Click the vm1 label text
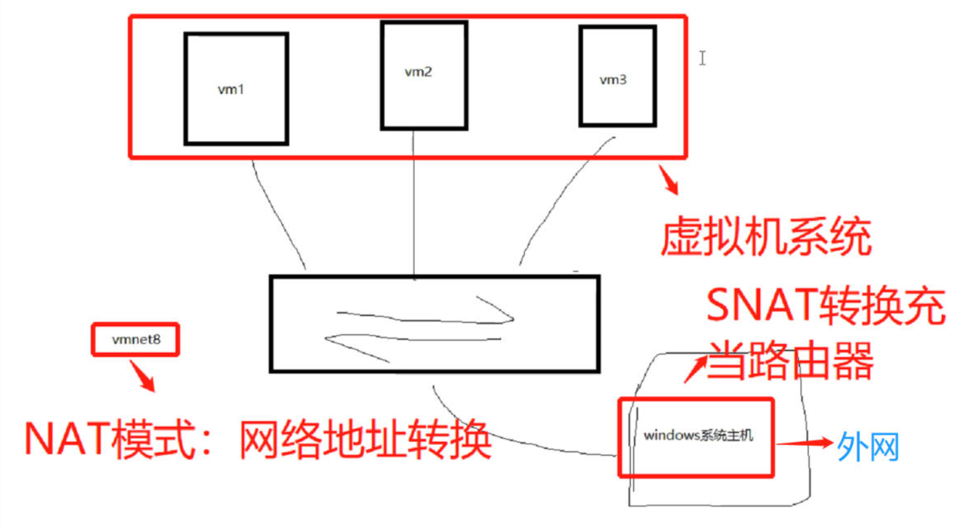coord(231,89)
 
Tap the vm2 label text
coord(418,72)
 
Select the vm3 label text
coord(612,80)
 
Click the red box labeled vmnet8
coord(134,339)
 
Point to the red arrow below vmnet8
coord(143,375)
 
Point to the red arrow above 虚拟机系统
coord(669,180)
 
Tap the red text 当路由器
coord(790,360)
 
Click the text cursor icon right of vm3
coord(702,58)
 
